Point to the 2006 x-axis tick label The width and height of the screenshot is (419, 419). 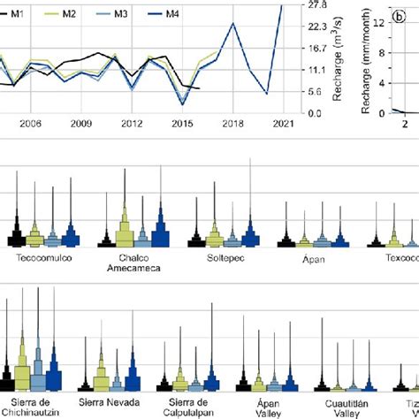30,126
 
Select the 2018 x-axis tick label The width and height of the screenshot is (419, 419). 232,126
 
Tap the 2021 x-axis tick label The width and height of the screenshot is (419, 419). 283,126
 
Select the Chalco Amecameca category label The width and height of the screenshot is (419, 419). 135,264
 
